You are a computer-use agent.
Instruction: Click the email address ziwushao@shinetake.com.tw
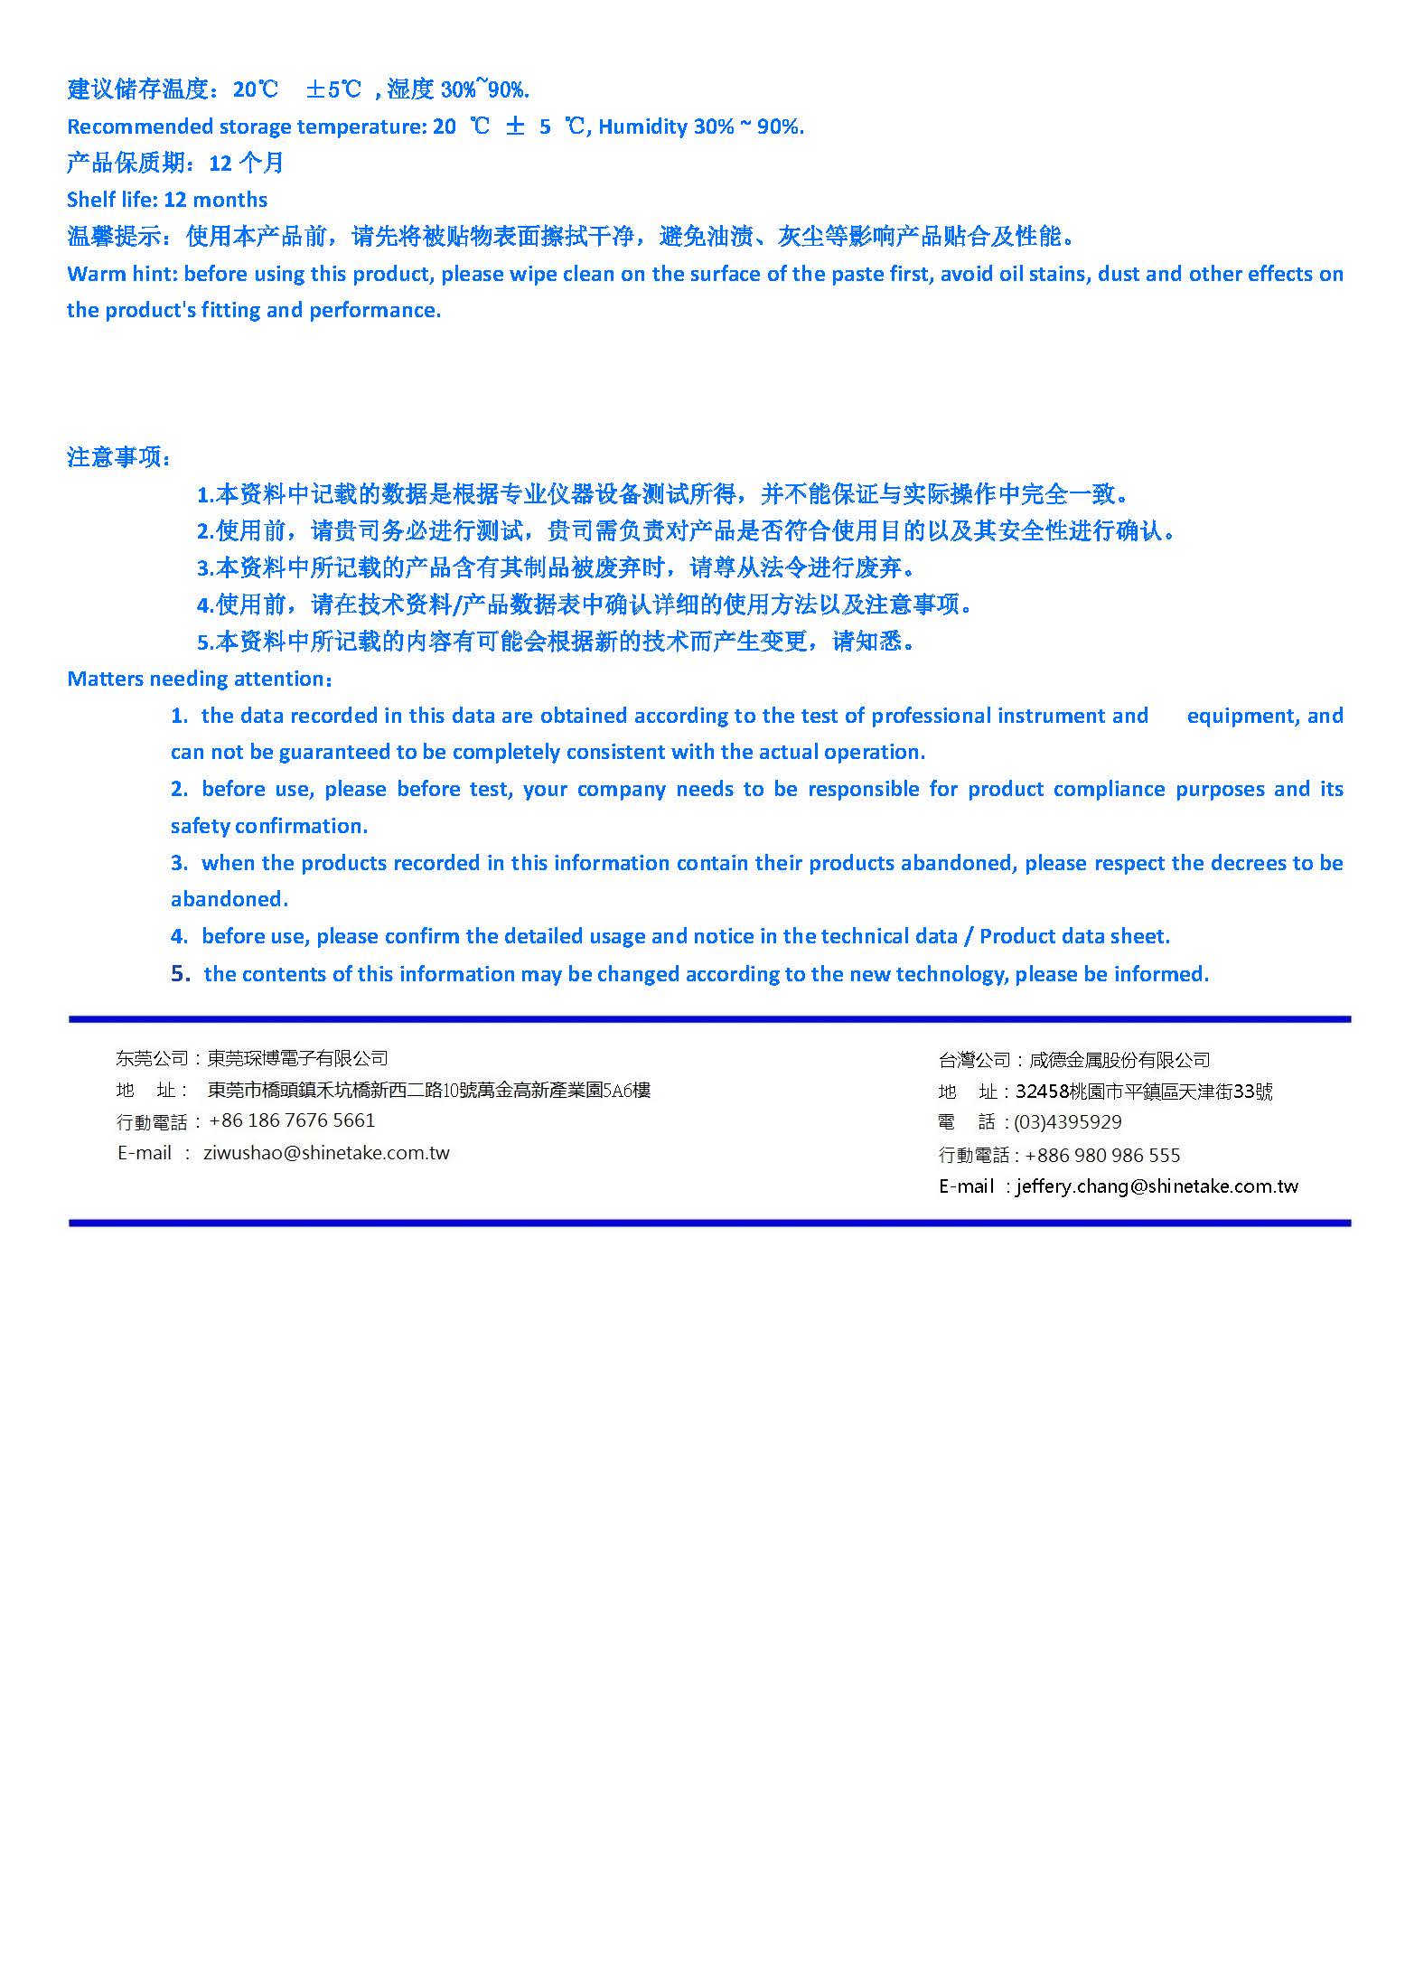(327, 1153)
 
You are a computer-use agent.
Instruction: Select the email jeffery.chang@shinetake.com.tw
(1157, 1186)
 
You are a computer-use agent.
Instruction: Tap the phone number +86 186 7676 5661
(292, 1120)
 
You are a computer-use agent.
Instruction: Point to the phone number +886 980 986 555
(1102, 1155)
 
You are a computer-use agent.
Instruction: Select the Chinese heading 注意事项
(117, 457)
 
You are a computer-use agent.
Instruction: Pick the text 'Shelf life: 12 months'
(167, 200)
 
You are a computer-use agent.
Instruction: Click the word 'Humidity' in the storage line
(642, 127)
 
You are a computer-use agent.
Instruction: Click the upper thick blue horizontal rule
(709, 1019)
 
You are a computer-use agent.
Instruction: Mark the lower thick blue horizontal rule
(709, 1223)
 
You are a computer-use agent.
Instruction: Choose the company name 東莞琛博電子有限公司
(298, 1058)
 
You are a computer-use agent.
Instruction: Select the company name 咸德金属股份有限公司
(1119, 1060)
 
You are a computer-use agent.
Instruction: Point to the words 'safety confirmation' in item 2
(268, 826)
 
